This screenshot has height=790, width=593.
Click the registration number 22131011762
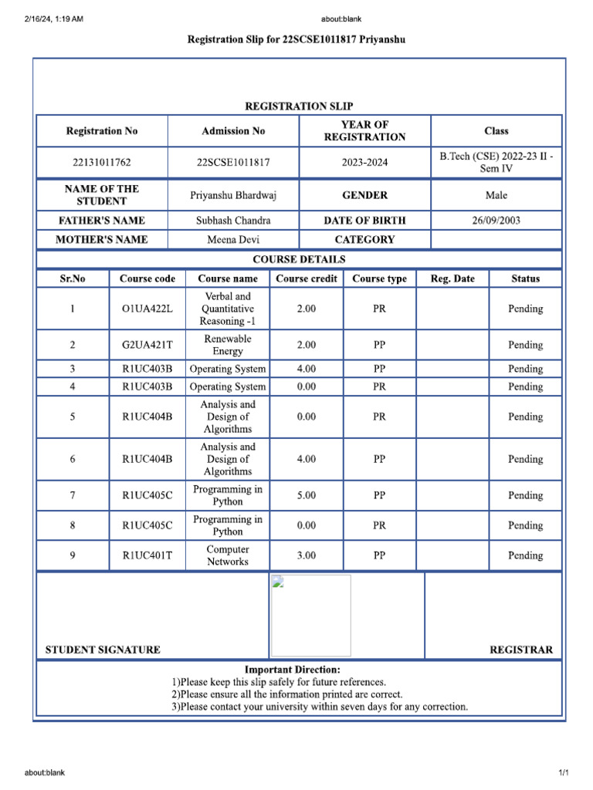click(x=102, y=163)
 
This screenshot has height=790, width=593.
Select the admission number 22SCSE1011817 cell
click(x=233, y=163)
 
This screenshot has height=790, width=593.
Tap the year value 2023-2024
click(x=364, y=163)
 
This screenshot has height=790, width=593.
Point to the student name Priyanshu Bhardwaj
click(x=233, y=195)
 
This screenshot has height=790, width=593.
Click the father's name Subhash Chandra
click(x=233, y=221)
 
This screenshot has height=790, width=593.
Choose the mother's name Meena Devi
click(x=233, y=240)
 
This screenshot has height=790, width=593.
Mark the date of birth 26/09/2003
click(x=496, y=221)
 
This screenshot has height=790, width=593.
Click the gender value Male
click(x=496, y=195)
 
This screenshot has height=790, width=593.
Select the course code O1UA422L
click(x=147, y=309)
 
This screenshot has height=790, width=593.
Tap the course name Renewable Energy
click(x=227, y=345)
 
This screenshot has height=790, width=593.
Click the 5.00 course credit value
click(x=306, y=495)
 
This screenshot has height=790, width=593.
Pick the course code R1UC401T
click(x=147, y=555)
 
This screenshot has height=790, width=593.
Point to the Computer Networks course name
click(x=227, y=555)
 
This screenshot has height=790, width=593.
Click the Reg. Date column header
click(x=452, y=279)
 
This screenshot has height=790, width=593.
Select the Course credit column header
click(x=306, y=279)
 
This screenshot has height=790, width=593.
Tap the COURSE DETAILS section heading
click(x=299, y=259)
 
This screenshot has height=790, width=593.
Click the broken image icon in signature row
click(x=278, y=582)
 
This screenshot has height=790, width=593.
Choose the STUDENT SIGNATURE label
click(x=103, y=650)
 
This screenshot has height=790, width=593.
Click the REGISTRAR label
click(x=521, y=650)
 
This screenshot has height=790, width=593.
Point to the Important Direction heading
click(x=292, y=670)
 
